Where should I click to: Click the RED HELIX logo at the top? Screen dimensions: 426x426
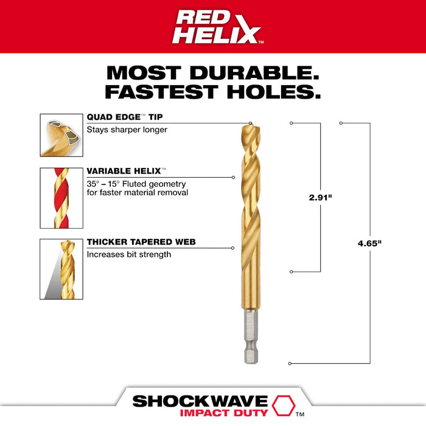point(216,27)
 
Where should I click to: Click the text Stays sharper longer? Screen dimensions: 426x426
point(126,129)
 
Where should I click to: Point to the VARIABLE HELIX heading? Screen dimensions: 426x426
point(126,172)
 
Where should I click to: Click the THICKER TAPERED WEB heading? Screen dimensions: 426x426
point(141,242)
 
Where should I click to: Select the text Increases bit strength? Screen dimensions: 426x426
point(128,254)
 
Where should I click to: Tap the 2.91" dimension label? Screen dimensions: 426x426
point(320,197)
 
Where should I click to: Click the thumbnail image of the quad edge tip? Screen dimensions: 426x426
point(61,136)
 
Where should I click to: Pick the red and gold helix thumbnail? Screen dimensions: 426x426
point(61,198)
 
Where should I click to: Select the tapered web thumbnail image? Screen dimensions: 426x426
point(61,269)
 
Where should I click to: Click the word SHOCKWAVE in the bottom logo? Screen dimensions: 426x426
point(199,402)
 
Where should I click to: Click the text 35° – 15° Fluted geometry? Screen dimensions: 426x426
point(136,183)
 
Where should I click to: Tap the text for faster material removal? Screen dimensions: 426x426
point(137,193)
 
